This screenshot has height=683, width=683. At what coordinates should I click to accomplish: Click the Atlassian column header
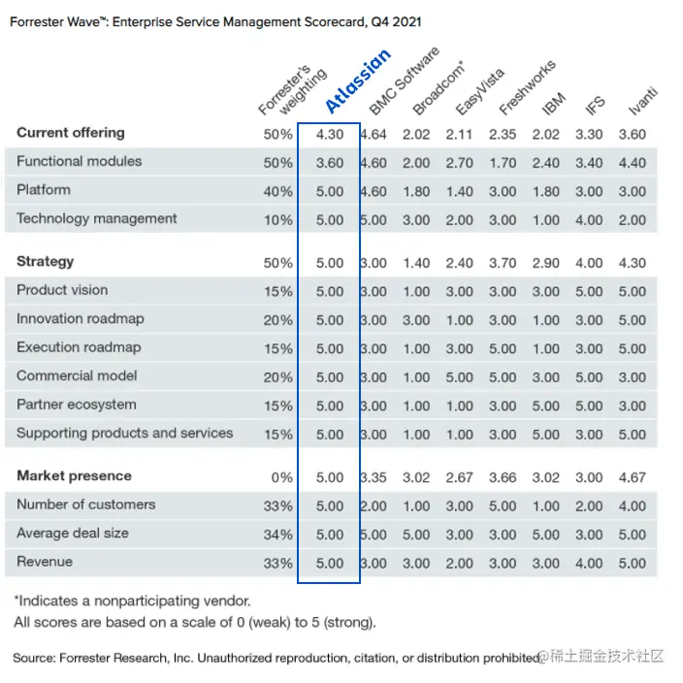click(x=357, y=82)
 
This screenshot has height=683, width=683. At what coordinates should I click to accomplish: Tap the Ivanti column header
click(x=642, y=101)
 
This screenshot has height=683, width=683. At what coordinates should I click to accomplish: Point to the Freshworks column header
click(x=527, y=88)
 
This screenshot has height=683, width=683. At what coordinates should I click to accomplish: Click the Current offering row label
click(x=71, y=133)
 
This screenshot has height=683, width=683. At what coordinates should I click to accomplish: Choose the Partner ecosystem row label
click(x=77, y=405)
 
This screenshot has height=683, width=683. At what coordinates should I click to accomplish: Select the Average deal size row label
click(x=73, y=534)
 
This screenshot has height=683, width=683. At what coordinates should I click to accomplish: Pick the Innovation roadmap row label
click(x=80, y=318)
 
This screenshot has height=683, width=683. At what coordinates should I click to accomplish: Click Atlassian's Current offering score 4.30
click(x=330, y=135)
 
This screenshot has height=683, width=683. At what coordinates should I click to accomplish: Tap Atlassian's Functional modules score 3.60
click(x=330, y=163)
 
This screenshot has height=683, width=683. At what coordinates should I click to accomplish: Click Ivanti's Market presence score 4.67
click(x=632, y=477)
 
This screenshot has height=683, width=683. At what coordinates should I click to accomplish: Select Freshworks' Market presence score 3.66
click(x=503, y=477)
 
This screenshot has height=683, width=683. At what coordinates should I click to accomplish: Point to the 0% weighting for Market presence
click(x=281, y=477)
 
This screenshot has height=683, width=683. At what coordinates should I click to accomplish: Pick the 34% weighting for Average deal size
click(x=278, y=535)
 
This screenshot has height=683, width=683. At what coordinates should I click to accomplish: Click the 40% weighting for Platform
click(x=278, y=192)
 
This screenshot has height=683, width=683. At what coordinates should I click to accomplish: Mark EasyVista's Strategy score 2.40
click(x=459, y=263)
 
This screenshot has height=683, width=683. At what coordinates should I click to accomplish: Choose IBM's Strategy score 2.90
click(x=546, y=263)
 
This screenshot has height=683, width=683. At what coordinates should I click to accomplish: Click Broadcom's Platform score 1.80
click(x=416, y=192)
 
